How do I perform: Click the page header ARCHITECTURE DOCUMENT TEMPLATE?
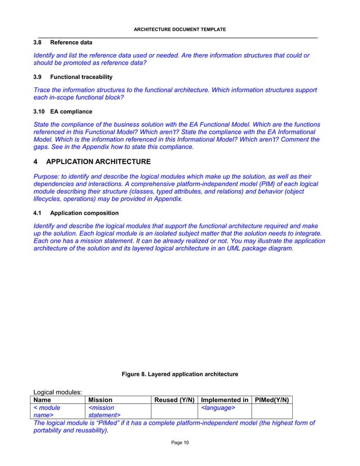(x=179, y=29)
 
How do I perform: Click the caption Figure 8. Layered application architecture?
(x=180, y=374)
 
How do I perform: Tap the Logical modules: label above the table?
(x=58, y=391)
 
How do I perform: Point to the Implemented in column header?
(x=225, y=400)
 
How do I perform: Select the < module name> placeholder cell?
(x=47, y=412)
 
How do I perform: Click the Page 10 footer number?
(x=180, y=442)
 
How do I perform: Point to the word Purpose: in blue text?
(x=49, y=176)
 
